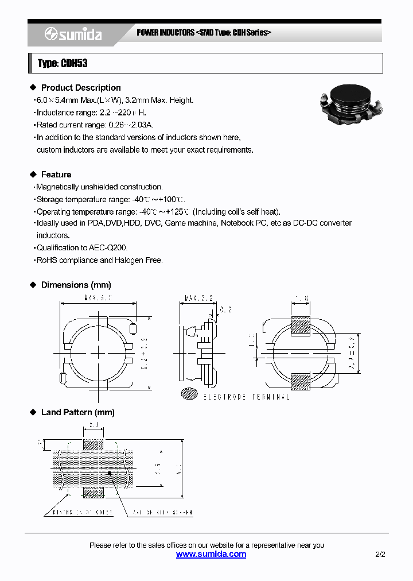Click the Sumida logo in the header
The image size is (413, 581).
coord(73,35)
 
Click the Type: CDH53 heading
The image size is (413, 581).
coord(63,63)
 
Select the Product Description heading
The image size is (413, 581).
coord(81,88)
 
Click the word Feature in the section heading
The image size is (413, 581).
coord(56,175)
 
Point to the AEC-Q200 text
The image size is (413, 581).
coord(108,248)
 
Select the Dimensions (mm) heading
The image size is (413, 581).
coord(76,285)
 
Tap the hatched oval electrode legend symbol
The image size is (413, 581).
coord(189,394)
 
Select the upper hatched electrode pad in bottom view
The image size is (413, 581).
coord(301,326)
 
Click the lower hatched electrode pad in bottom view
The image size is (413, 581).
coord(301,382)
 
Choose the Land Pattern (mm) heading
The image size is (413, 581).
coord(77,412)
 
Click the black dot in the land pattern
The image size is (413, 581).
coord(110,473)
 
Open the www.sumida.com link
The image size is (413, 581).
coord(211,555)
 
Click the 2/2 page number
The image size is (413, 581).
coord(380,555)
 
